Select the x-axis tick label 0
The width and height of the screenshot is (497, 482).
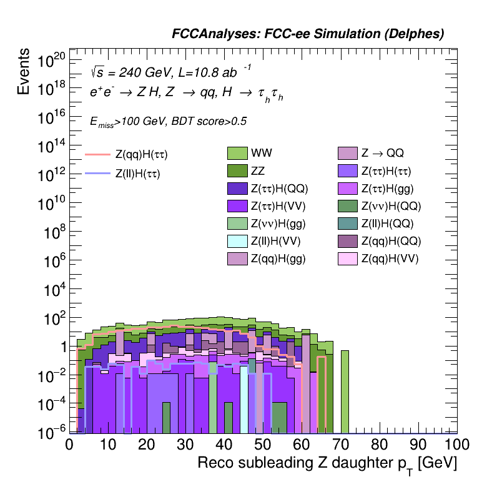(x=69, y=445)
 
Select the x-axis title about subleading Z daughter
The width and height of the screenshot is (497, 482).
(x=327, y=464)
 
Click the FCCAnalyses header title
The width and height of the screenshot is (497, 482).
(x=308, y=34)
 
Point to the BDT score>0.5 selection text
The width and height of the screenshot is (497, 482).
(x=207, y=122)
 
